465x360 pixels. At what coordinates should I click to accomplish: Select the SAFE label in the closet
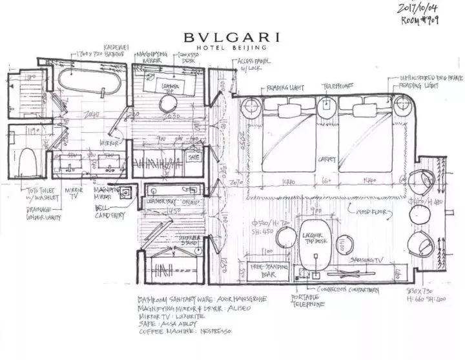[194, 156]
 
